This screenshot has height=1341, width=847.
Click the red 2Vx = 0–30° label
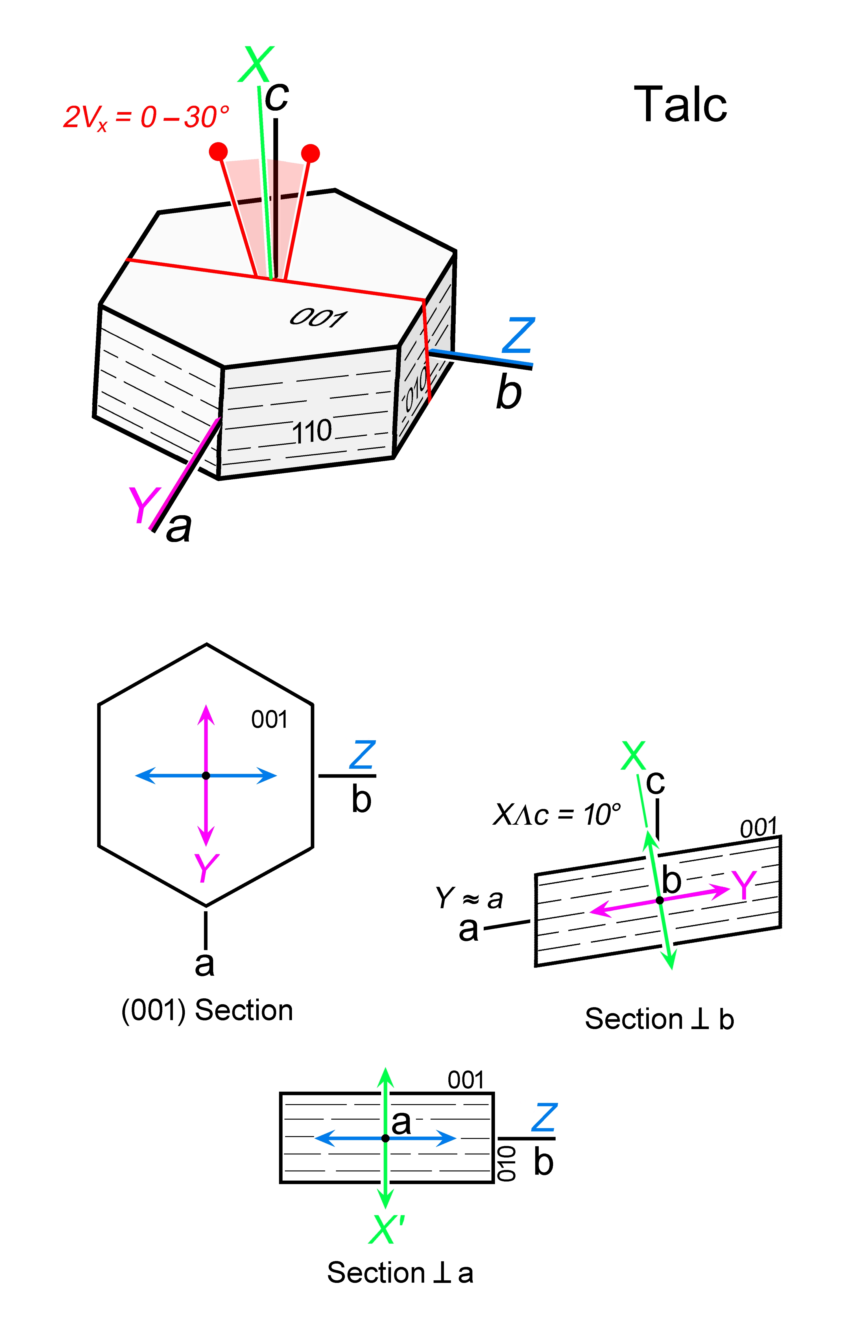[x=146, y=117]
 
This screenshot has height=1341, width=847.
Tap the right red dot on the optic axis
[x=310, y=153]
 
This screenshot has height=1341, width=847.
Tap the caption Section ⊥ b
[x=659, y=1019]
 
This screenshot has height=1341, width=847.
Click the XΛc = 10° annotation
[x=557, y=815]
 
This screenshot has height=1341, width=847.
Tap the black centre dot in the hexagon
[x=206, y=776]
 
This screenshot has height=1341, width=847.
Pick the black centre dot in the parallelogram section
[x=659, y=900]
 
